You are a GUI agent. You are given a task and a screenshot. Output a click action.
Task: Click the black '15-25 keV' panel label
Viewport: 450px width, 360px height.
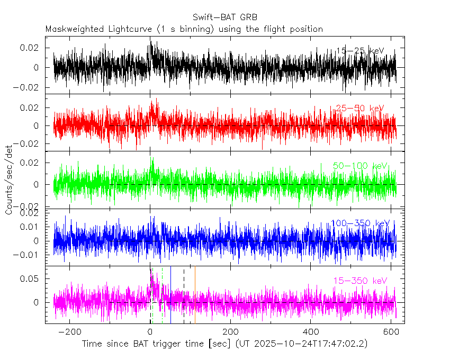360,51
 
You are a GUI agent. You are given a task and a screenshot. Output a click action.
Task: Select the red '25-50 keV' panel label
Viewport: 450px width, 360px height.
360,109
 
